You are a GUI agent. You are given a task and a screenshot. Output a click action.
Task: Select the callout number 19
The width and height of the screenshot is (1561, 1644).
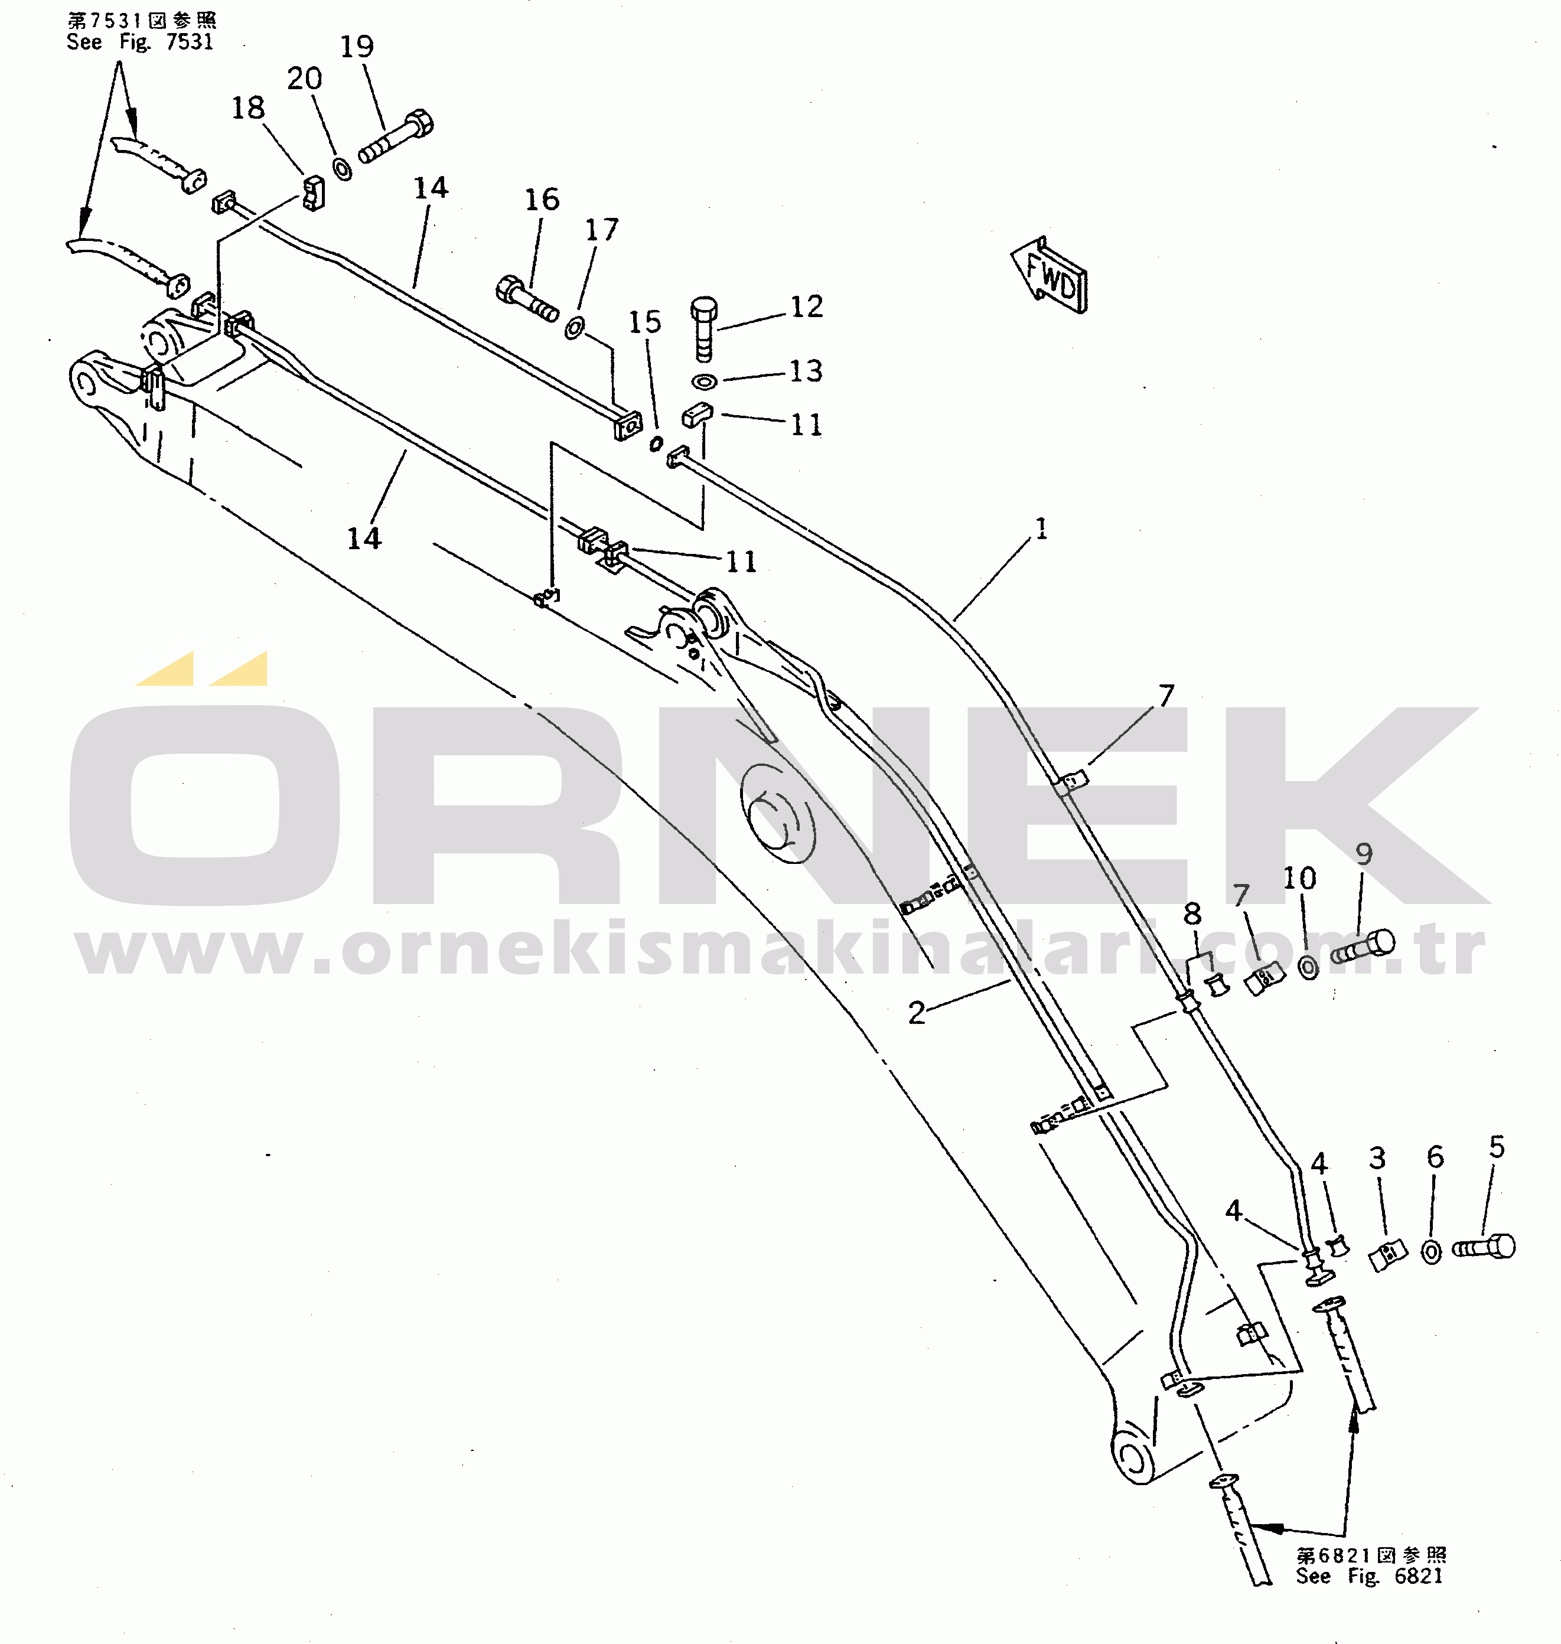pyautogui.click(x=356, y=47)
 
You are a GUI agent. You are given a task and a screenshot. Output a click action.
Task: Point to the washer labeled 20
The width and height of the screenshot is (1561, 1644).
pyautogui.click(x=342, y=169)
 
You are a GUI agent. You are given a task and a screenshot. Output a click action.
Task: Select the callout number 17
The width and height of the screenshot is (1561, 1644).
pyautogui.click(x=602, y=230)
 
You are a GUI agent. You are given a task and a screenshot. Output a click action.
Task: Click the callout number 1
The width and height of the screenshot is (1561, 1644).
pyautogui.click(x=1041, y=529)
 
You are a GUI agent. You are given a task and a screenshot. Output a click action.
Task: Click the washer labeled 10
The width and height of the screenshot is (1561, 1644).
pyautogui.click(x=1308, y=968)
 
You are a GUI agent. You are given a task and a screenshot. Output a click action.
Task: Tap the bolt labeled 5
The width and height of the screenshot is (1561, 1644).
pyautogui.click(x=1484, y=1247)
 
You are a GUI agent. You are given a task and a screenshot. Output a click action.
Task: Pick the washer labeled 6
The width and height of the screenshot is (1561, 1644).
pyautogui.click(x=1431, y=1252)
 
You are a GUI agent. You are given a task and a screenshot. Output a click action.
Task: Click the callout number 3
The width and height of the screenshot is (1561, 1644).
pyautogui.click(x=1377, y=1157)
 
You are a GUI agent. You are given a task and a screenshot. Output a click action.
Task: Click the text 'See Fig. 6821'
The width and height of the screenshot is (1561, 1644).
pyautogui.click(x=1369, y=1575)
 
